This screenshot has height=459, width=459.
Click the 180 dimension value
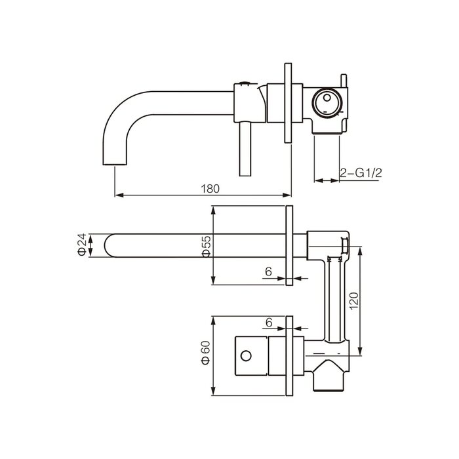click(210, 189)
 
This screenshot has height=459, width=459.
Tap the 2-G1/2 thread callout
click(361, 173)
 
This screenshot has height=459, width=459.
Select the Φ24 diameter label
click(83, 245)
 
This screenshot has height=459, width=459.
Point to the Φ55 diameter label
click(207, 247)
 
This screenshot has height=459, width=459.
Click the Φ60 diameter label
click(205, 353)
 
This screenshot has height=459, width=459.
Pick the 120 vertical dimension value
click(353, 300)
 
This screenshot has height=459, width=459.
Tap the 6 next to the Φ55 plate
click(268, 272)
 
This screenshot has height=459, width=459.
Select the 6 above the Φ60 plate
click(269, 323)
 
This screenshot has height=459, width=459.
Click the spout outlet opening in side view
click(115, 165)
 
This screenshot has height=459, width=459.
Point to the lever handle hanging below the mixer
click(245, 150)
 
